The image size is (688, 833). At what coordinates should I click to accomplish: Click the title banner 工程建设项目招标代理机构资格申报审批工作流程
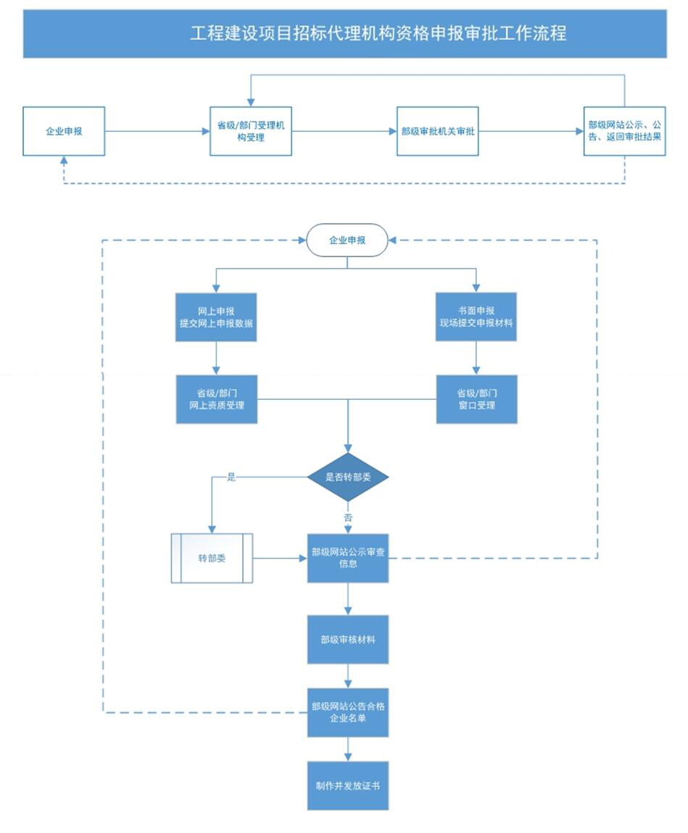pyautogui.click(x=344, y=33)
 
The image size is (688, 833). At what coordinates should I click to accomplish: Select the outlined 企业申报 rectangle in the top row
pyautogui.click(x=64, y=131)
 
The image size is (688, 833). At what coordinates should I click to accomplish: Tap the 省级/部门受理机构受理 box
pyautogui.click(x=250, y=131)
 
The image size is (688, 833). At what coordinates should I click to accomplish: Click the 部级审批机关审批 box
pyautogui.click(x=438, y=131)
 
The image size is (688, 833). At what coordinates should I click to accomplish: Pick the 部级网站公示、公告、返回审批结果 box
pyautogui.click(x=625, y=131)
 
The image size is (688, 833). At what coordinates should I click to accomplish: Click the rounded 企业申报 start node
pyautogui.click(x=347, y=240)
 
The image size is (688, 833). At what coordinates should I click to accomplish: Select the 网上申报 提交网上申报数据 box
pyautogui.click(x=216, y=317)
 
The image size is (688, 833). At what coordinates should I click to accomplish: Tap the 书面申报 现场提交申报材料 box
pyautogui.click(x=476, y=317)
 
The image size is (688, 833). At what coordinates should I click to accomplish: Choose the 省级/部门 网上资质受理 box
pyautogui.click(x=216, y=400)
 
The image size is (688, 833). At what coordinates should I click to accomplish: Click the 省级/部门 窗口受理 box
pyautogui.click(x=477, y=400)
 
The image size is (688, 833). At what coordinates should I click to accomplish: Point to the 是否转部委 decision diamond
pyautogui.click(x=348, y=477)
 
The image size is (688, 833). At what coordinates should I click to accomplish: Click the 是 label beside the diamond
pyautogui.click(x=231, y=477)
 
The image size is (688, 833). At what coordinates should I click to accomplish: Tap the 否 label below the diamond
pyautogui.click(x=348, y=517)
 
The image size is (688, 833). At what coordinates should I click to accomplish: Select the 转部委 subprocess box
pyautogui.click(x=212, y=558)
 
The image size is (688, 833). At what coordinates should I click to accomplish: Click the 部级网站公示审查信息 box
pyautogui.click(x=348, y=558)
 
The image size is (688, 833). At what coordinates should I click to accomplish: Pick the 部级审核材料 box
pyautogui.click(x=348, y=640)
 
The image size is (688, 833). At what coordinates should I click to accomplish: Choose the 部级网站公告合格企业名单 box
pyautogui.click(x=348, y=713)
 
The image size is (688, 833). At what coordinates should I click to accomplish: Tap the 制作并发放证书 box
pyautogui.click(x=348, y=786)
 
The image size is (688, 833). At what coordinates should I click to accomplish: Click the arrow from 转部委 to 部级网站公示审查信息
pyautogui.click(x=280, y=558)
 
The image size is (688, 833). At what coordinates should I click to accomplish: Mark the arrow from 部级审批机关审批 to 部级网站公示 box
pyautogui.click(x=531, y=131)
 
